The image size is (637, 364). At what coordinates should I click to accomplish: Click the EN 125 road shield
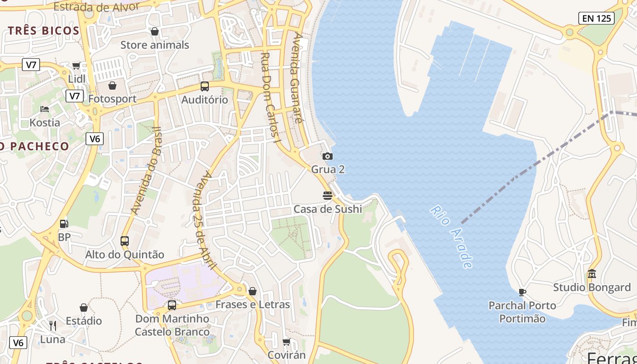coord(597,18)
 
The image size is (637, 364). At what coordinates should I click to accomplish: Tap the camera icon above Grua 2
coord(328,157)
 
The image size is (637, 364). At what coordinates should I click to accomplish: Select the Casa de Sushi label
coord(328,209)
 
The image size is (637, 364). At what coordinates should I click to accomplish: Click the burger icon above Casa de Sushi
coord(328,196)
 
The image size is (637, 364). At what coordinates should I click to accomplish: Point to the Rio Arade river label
coord(451,237)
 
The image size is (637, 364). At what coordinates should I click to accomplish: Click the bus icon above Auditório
coord(205,86)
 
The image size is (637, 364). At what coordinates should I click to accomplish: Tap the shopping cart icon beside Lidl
coord(76,66)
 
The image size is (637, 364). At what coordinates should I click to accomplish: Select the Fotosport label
coord(112,99)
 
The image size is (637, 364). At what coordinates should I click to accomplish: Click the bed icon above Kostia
coord(45,109)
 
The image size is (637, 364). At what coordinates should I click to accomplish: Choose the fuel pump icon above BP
coord(64,224)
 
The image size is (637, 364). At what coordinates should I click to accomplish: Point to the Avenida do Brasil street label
coord(146,171)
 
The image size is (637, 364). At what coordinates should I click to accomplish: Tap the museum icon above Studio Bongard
coord(592,274)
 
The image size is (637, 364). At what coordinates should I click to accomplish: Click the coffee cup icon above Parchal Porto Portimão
coord(522,292)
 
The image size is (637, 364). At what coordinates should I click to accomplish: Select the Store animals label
coord(155,45)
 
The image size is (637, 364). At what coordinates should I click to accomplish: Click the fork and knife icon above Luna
coord(53,325)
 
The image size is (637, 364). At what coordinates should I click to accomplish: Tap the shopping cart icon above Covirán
coord(286,341)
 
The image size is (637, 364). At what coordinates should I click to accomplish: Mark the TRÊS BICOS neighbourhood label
coord(44,30)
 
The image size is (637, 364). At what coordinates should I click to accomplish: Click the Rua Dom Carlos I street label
coord(270,98)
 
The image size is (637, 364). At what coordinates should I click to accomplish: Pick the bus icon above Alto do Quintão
coord(125,241)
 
